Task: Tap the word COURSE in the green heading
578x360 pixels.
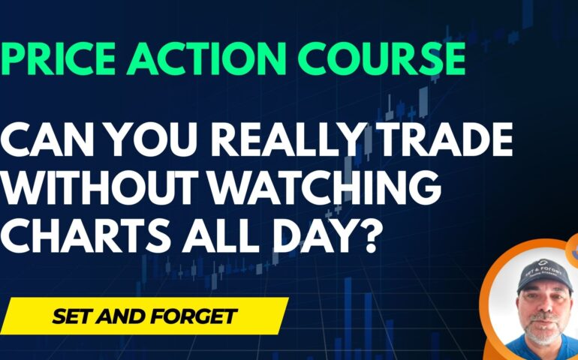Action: coord(381,59)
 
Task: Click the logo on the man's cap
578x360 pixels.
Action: coord(542,263)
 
